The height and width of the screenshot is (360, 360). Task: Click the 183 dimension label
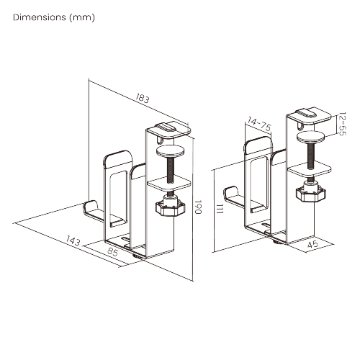pos(142,99)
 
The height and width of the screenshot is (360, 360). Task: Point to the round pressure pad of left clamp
pos(170,151)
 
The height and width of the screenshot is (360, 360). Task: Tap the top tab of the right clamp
pos(308,112)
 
